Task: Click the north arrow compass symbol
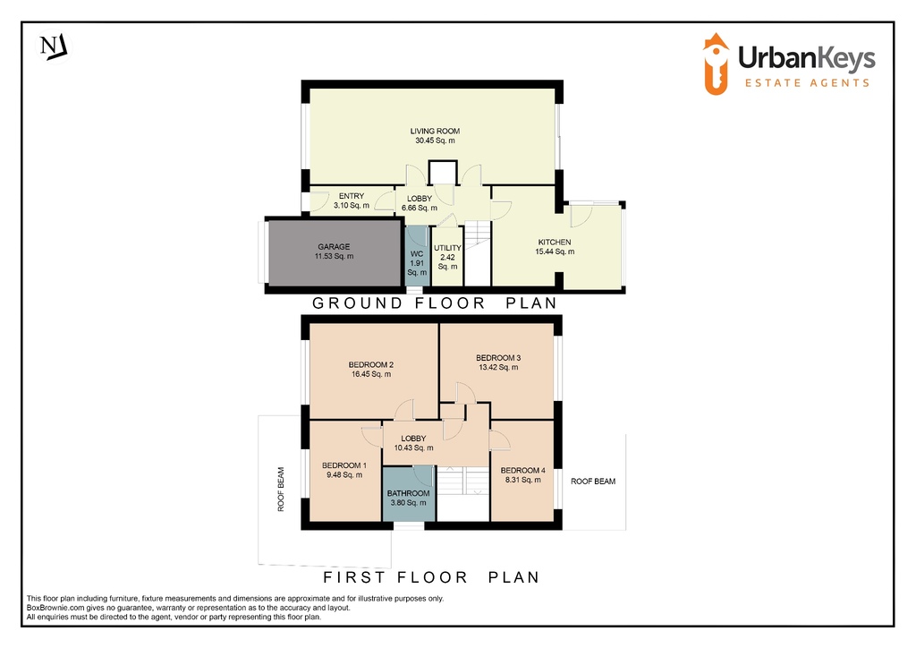point(54,47)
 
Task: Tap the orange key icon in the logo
point(716,64)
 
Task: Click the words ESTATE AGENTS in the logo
point(808,83)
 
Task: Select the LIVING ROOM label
point(435,132)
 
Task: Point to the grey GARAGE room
point(335,252)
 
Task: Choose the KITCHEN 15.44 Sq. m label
point(555,246)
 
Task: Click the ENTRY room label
point(351,196)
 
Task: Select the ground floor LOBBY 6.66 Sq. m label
point(420,203)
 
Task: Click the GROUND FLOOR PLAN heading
point(435,303)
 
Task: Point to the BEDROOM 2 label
point(371,364)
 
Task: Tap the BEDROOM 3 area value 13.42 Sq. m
point(498,368)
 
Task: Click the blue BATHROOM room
point(408,494)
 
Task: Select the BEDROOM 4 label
point(522,471)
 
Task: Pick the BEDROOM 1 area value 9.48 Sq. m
point(344,475)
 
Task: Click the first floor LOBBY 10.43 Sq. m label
point(413,444)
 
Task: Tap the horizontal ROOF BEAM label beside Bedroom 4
point(593,482)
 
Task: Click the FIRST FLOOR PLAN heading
point(432,577)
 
